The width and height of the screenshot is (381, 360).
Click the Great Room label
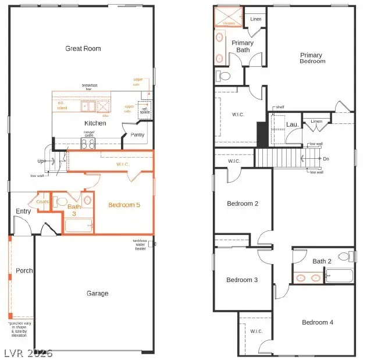point(83,49)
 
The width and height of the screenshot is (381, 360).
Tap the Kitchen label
point(95,123)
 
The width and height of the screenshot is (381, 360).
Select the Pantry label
point(137,135)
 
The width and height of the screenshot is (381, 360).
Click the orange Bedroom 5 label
point(124,205)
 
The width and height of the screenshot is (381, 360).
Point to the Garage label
point(98,294)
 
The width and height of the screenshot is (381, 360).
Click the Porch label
point(24,270)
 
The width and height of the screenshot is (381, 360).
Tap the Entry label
point(23,212)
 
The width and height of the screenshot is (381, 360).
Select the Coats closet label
point(42,202)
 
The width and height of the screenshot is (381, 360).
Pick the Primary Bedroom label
point(312,58)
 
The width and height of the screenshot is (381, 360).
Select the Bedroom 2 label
point(243,204)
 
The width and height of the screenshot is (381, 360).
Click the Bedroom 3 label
point(242,280)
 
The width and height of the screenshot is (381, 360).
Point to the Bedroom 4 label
point(318,322)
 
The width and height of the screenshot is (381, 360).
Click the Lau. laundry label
point(292,124)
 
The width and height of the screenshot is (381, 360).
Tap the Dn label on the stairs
point(326,158)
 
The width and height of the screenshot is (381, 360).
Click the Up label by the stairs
point(40,161)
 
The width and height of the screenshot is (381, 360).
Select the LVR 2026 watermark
point(27,352)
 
